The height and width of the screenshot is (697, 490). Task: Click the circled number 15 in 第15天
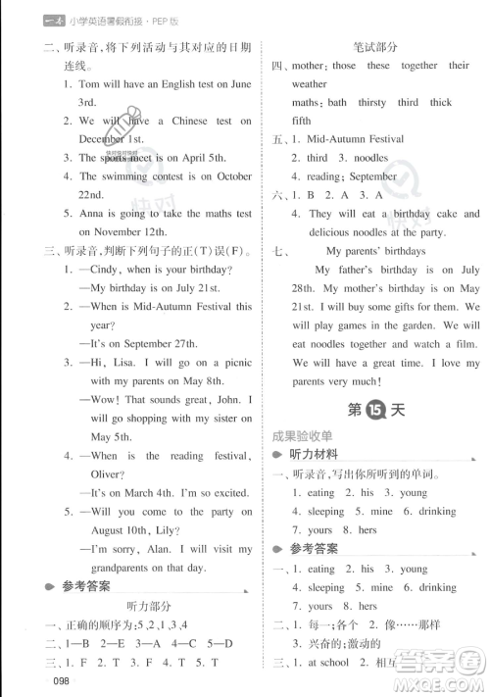click(x=374, y=410)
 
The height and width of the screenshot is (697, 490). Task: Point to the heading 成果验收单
click(x=304, y=435)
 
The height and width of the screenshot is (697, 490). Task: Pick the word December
click(x=111, y=139)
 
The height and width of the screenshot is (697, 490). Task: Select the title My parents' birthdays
click(x=384, y=250)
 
